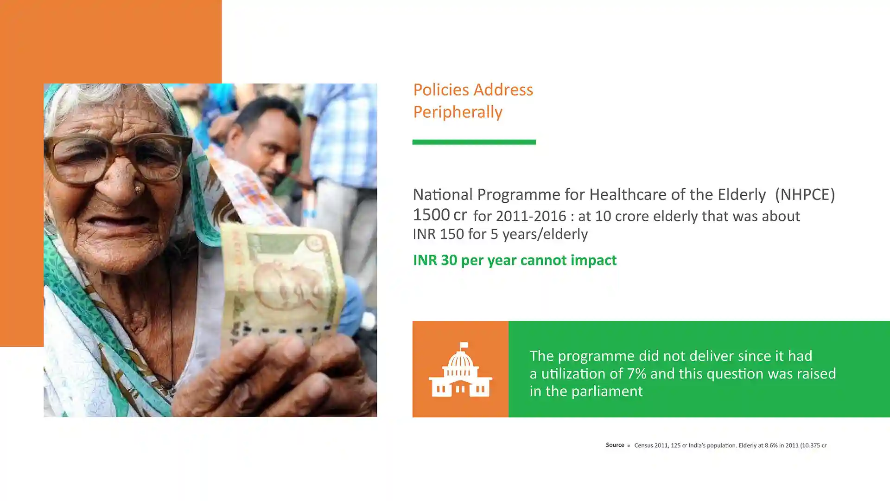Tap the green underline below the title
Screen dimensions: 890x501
(474, 142)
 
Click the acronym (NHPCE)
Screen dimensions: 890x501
(805, 194)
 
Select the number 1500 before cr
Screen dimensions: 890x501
(431, 215)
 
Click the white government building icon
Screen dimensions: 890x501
(460, 370)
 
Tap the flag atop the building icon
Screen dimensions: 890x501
(464, 346)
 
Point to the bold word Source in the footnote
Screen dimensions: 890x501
(615, 445)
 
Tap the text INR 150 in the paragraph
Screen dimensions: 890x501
(438, 234)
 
